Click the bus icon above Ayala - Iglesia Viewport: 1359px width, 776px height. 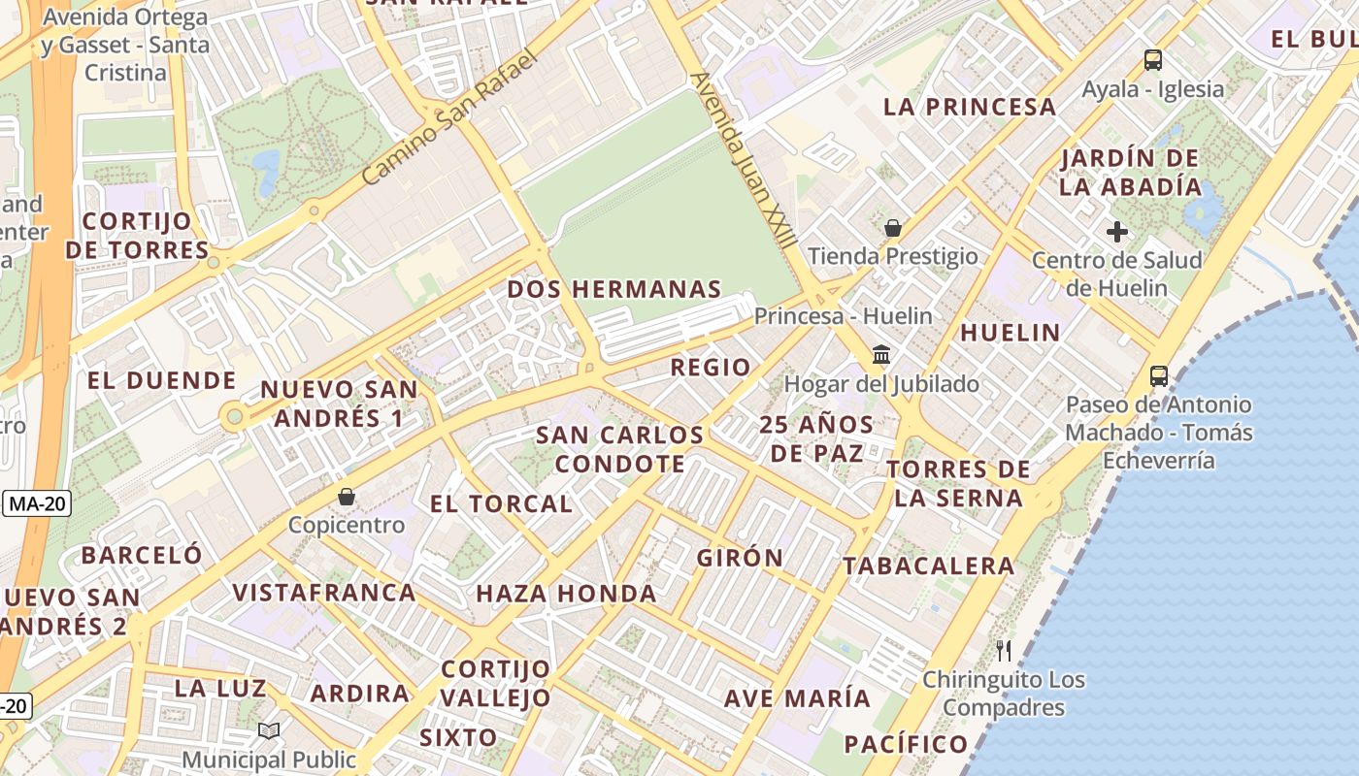tap(1152, 60)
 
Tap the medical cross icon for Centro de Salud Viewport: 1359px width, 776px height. tap(1117, 232)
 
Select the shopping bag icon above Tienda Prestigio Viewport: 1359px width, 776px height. tap(892, 228)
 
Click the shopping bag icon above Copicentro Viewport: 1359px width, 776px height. tap(347, 497)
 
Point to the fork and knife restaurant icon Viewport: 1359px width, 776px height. tap(1004, 650)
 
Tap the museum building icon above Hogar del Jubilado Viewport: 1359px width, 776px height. tap(881, 355)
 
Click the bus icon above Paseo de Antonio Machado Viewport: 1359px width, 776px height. tap(1158, 375)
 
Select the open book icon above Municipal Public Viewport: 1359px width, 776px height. tap(269, 730)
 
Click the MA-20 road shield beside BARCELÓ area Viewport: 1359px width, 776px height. tap(36, 503)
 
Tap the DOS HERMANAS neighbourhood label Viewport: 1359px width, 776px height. tap(614, 289)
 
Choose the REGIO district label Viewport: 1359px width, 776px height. tap(711, 367)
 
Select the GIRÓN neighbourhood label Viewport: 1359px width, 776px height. tap(740, 558)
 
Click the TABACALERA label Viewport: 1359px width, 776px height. tap(928, 566)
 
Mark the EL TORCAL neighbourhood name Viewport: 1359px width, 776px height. tap(501, 503)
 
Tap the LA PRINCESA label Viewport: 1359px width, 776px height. tap(969, 107)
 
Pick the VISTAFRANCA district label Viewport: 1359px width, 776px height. tap(324, 592)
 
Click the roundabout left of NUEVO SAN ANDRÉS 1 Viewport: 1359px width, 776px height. tap(233, 418)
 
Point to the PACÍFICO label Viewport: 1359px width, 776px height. tap(906, 744)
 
